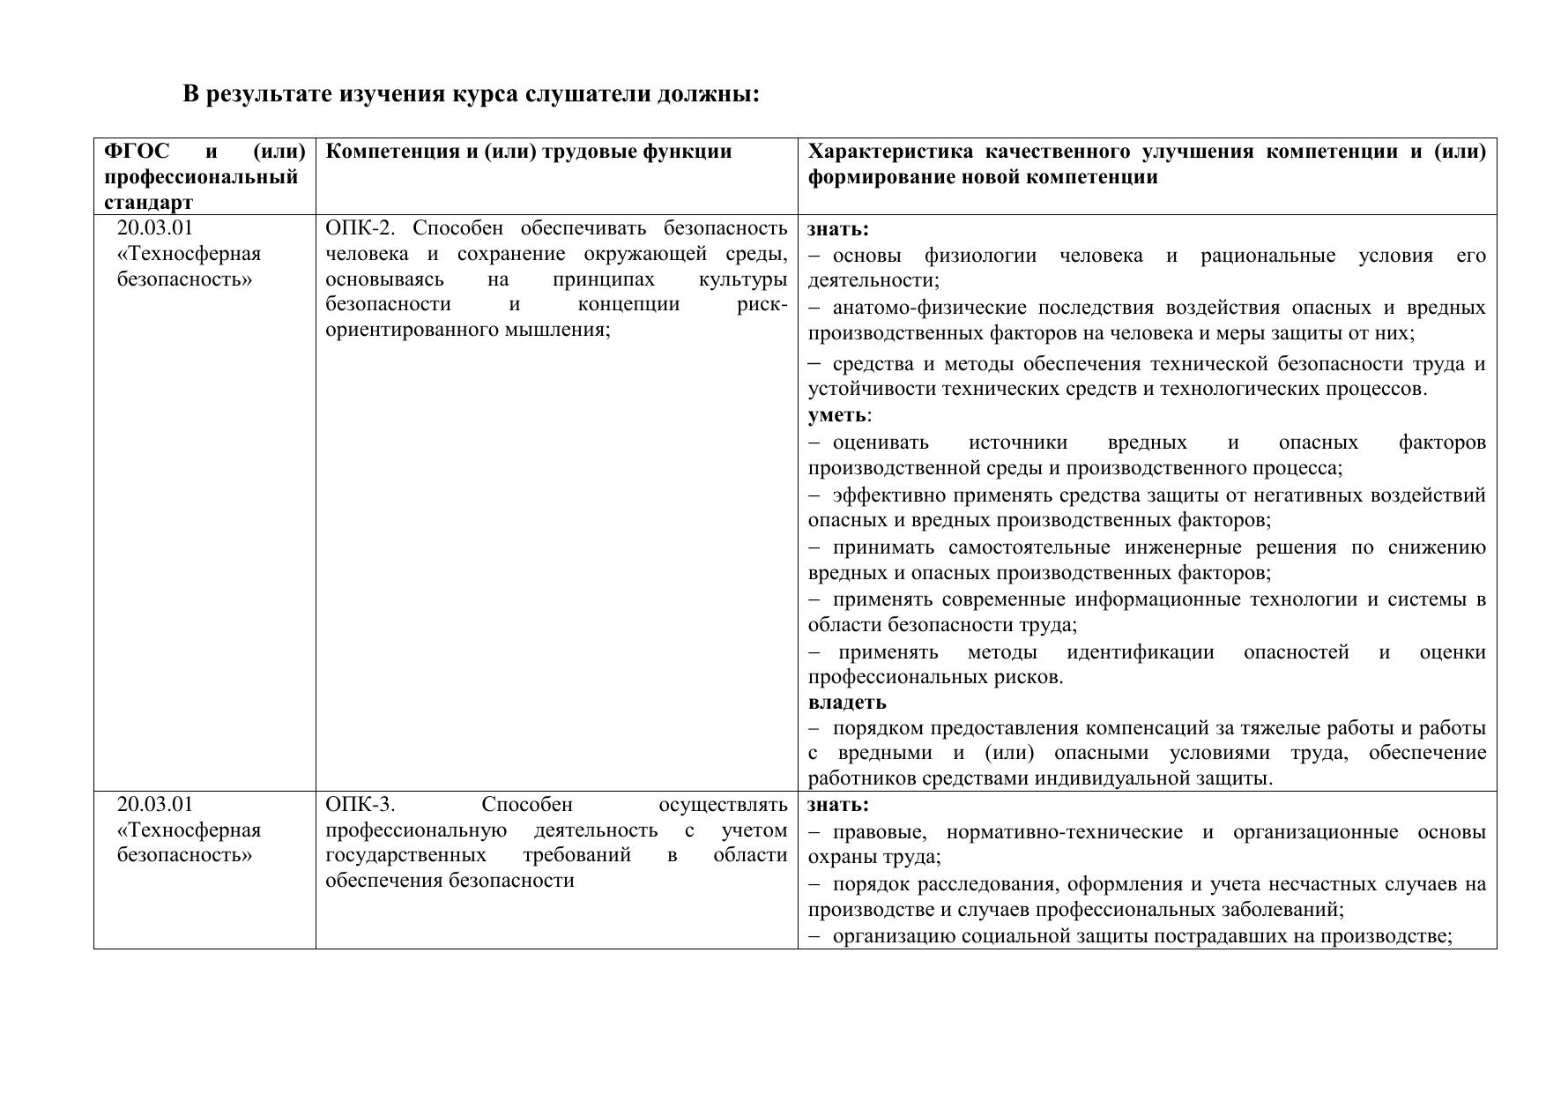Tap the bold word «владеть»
click(847, 703)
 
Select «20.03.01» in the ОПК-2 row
click(154, 228)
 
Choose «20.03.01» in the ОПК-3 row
click(154, 805)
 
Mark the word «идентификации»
click(1140, 652)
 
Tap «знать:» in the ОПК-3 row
click(838, 805)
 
